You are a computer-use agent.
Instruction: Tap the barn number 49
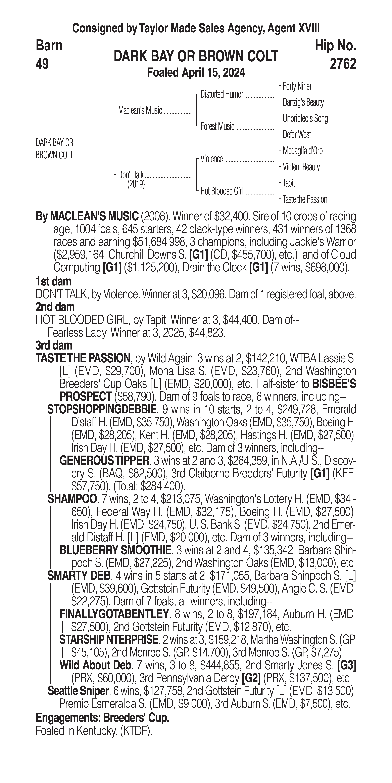click(x=42, y=64)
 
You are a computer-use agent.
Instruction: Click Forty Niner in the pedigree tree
click(x=297, y=86)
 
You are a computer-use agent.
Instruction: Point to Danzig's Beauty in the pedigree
click(x=303, y=102)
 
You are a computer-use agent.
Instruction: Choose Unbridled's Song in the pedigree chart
click(x=305, y=119)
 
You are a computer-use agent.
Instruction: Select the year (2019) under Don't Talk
click(x=136, y=184)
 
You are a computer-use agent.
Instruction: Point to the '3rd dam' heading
click(x=54, y=345)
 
